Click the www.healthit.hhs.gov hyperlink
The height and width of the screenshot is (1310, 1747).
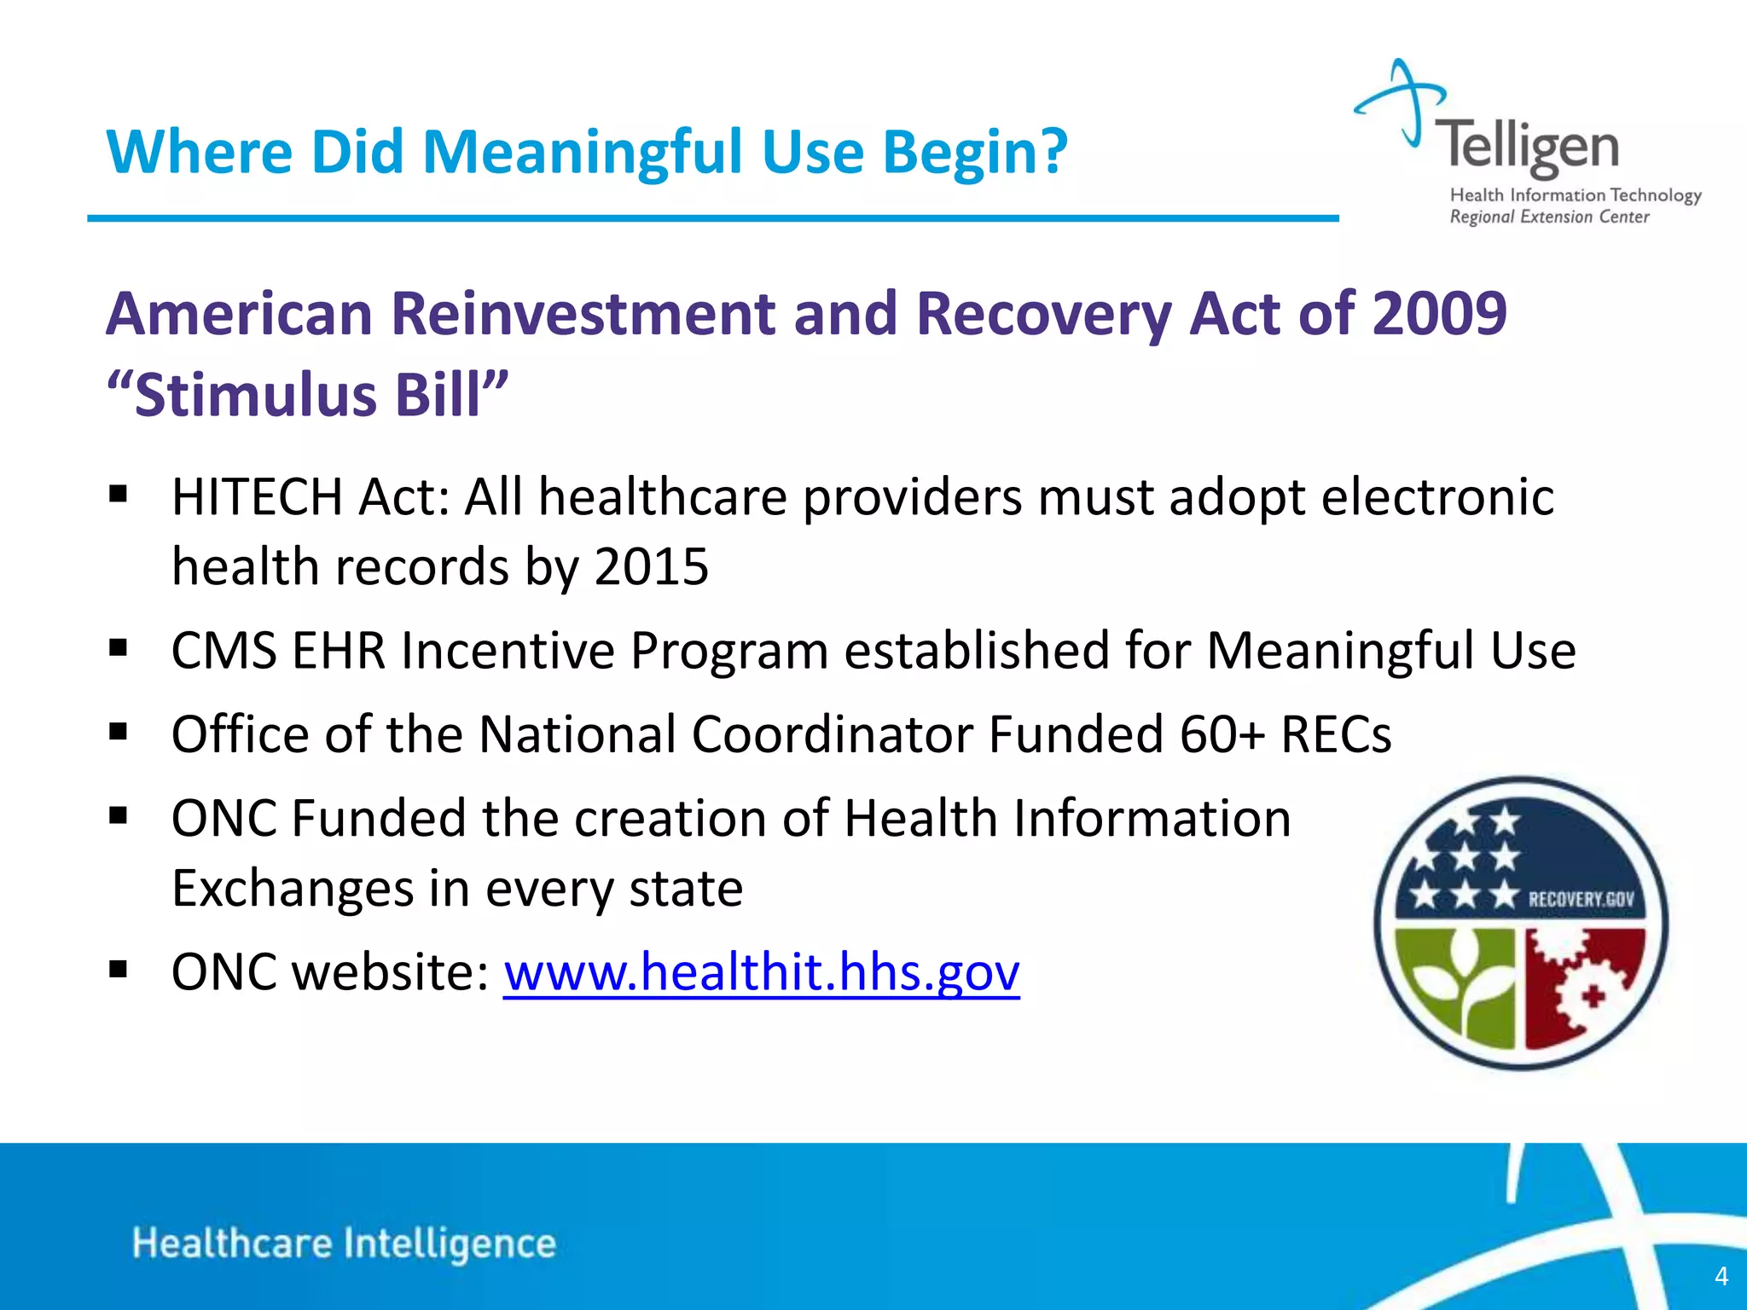761,972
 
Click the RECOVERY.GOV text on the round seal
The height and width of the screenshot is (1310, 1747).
1581,899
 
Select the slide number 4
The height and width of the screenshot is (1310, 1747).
1721,1276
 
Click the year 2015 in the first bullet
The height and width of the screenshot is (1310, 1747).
652,566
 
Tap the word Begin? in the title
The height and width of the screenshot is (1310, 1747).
974,152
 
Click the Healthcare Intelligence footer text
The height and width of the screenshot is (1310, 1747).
344,1243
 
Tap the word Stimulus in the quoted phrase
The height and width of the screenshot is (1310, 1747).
257,396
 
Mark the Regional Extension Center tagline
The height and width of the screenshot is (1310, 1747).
1549,217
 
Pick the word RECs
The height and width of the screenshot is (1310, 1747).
1336,733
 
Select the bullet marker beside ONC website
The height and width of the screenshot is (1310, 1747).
119,971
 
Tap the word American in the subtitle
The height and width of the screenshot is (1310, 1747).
240,313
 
